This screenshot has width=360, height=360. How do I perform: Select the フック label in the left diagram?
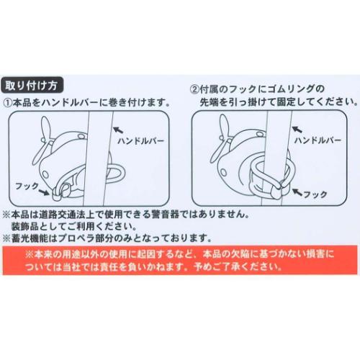29,185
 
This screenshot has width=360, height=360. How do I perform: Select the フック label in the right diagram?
314,194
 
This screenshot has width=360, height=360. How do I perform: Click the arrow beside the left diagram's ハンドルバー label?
117,127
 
